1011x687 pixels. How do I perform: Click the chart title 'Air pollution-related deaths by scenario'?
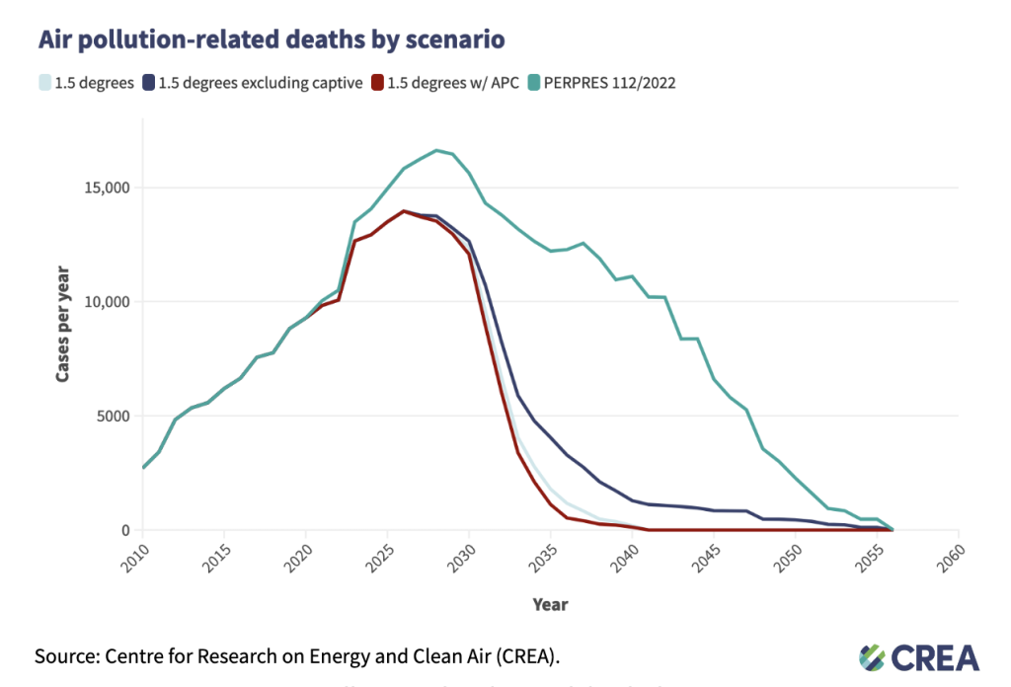(x=272, y=39)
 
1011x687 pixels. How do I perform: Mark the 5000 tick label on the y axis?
(x=113, y=416)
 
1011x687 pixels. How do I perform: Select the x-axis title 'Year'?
(x=550, y=604)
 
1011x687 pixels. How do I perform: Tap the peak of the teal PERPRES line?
(x=436, y=151)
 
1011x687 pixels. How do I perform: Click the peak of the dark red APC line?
(x=404, y=211)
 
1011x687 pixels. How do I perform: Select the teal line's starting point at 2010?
(x=143, y=468)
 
